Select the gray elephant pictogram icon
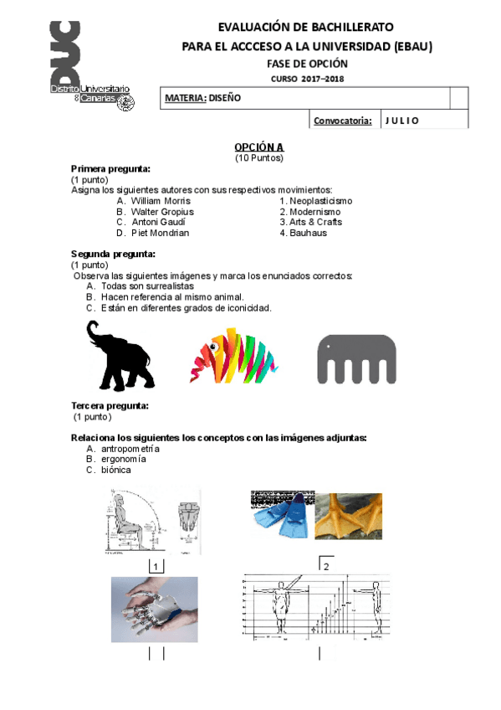point(356,359)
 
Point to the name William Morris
point(161,201)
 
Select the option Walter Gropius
point(162,212)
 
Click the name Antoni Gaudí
point(159,223)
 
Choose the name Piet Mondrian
point(160,234)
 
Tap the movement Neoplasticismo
point(320,201)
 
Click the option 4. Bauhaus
point(303,234)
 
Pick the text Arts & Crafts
point(315,223)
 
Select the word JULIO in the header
point(402,121)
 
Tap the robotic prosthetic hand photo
point(155,608)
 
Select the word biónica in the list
point(116,471)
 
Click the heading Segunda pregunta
point(113,255)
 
